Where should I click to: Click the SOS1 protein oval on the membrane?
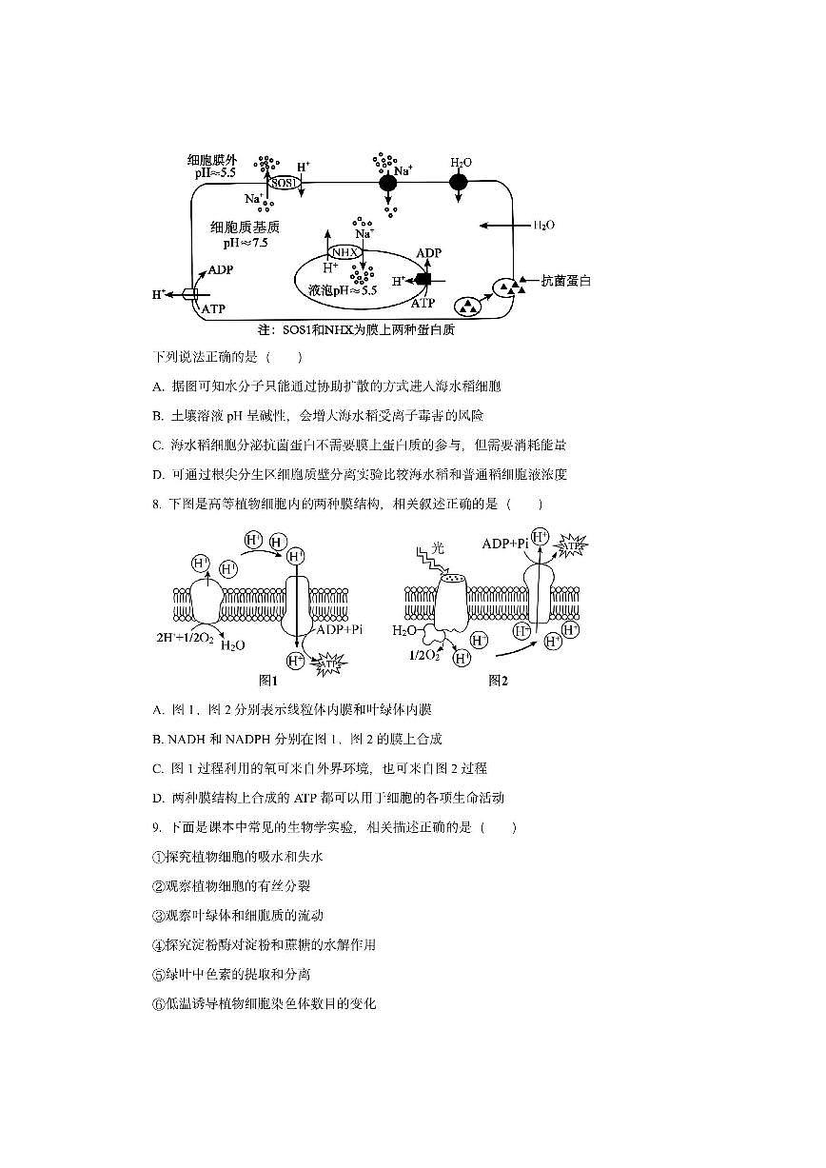coord(285,183)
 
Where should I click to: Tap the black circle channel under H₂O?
coord(459,182)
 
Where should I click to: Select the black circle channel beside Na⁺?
coord(387,183)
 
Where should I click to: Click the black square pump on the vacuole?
coord(423,279)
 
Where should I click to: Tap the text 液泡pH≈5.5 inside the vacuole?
coord(337,291)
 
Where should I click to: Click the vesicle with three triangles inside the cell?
coord(468,306)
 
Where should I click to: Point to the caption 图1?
coord(268,681)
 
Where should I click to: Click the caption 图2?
coord(498,681)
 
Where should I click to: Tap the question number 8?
coord(155,504)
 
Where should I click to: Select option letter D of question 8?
coord(158,798)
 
